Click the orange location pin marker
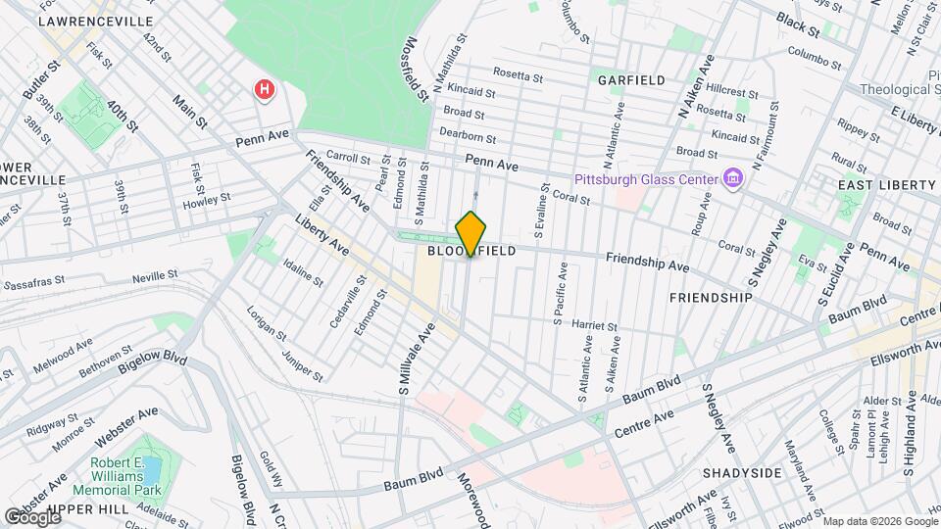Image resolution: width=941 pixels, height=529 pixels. click(470, 234)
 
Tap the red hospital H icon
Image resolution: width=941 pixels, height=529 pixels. click(263, 90)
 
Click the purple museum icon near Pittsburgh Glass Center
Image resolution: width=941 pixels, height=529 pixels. click(732, 177)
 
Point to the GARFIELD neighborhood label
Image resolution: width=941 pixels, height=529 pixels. click(631, 80)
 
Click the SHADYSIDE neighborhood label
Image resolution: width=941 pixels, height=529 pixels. click(742, 473)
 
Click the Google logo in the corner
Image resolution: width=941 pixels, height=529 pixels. click(32, 516)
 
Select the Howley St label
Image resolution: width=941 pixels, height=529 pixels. click(206, 205)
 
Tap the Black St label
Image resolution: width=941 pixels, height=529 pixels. click(797, 19)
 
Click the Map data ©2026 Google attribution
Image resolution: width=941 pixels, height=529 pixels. click(879, 520)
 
